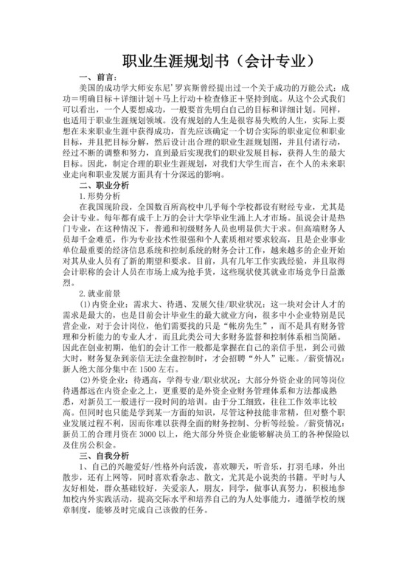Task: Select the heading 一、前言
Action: [x=97, y=77]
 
